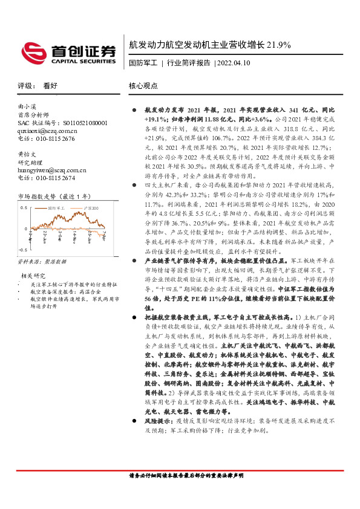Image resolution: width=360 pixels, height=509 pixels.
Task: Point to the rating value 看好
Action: [50, 86]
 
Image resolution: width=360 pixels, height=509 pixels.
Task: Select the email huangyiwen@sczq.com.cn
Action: [51, 170]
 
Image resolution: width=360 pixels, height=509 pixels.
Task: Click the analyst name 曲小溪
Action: [28, 106]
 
